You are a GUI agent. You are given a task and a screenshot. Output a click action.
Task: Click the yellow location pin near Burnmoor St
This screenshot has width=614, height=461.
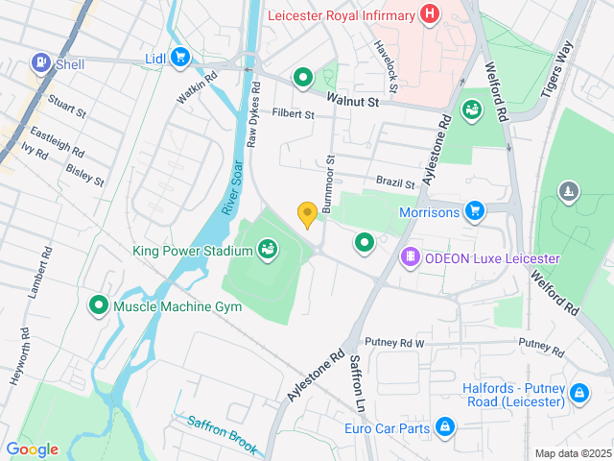pos(307,214)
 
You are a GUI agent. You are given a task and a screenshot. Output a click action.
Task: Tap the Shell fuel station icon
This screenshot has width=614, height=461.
pos(41,64)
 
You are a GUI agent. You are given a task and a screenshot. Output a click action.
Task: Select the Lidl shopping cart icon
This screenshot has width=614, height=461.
pos(179,58)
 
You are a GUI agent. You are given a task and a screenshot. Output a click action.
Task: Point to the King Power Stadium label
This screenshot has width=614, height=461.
pos(193,252)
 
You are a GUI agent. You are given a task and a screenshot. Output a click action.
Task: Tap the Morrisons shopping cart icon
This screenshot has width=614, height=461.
pos(473,210)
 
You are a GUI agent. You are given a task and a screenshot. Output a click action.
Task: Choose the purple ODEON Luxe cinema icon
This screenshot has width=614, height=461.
pos(410,258)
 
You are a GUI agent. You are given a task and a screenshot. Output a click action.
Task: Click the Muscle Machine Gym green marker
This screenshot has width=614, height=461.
pos(98,306)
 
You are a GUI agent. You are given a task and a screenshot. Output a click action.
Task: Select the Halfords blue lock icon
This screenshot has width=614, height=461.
pos(579,393)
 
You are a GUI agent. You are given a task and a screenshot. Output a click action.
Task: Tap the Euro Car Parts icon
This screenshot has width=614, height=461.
pos(444,426)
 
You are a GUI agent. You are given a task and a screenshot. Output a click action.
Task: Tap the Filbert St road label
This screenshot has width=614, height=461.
pos(294,114)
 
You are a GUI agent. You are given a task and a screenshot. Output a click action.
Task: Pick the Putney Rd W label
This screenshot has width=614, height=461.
pos(394,343)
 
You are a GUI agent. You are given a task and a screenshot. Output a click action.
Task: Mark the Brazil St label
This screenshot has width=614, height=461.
pos(395,182)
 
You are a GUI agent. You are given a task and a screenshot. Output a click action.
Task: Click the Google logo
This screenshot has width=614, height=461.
pos(32,449)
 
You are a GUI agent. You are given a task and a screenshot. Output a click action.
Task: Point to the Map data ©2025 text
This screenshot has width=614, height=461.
pos(572,453)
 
